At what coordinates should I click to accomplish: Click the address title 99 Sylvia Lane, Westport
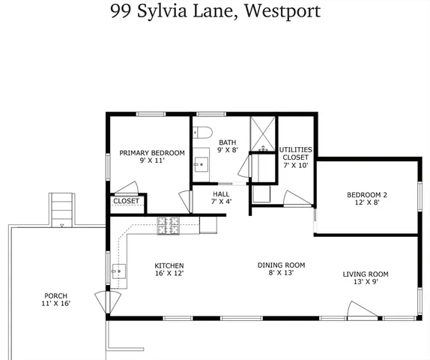point(215,11)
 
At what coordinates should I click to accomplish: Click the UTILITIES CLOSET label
point(295,157)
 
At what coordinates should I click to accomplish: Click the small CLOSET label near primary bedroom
point(126,202)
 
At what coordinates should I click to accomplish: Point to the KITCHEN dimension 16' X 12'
point(169,274)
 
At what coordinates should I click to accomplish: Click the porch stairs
point(62,208)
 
